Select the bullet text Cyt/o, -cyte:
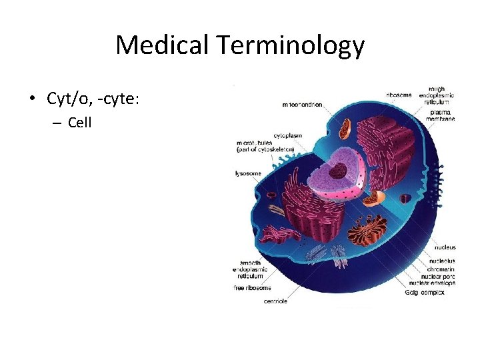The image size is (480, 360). point(93,99)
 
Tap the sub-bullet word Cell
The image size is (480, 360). point(79,123)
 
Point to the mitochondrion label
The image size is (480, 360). point(302,105)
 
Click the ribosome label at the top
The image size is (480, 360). point(399,95)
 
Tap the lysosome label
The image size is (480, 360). point(247,174)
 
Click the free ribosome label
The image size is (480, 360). point(252,288)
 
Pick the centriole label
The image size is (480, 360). point(275,301)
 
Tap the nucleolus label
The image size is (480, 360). point(442,261)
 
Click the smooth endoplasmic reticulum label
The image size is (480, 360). point(251,269)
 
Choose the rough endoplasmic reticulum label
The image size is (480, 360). point(436,95)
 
